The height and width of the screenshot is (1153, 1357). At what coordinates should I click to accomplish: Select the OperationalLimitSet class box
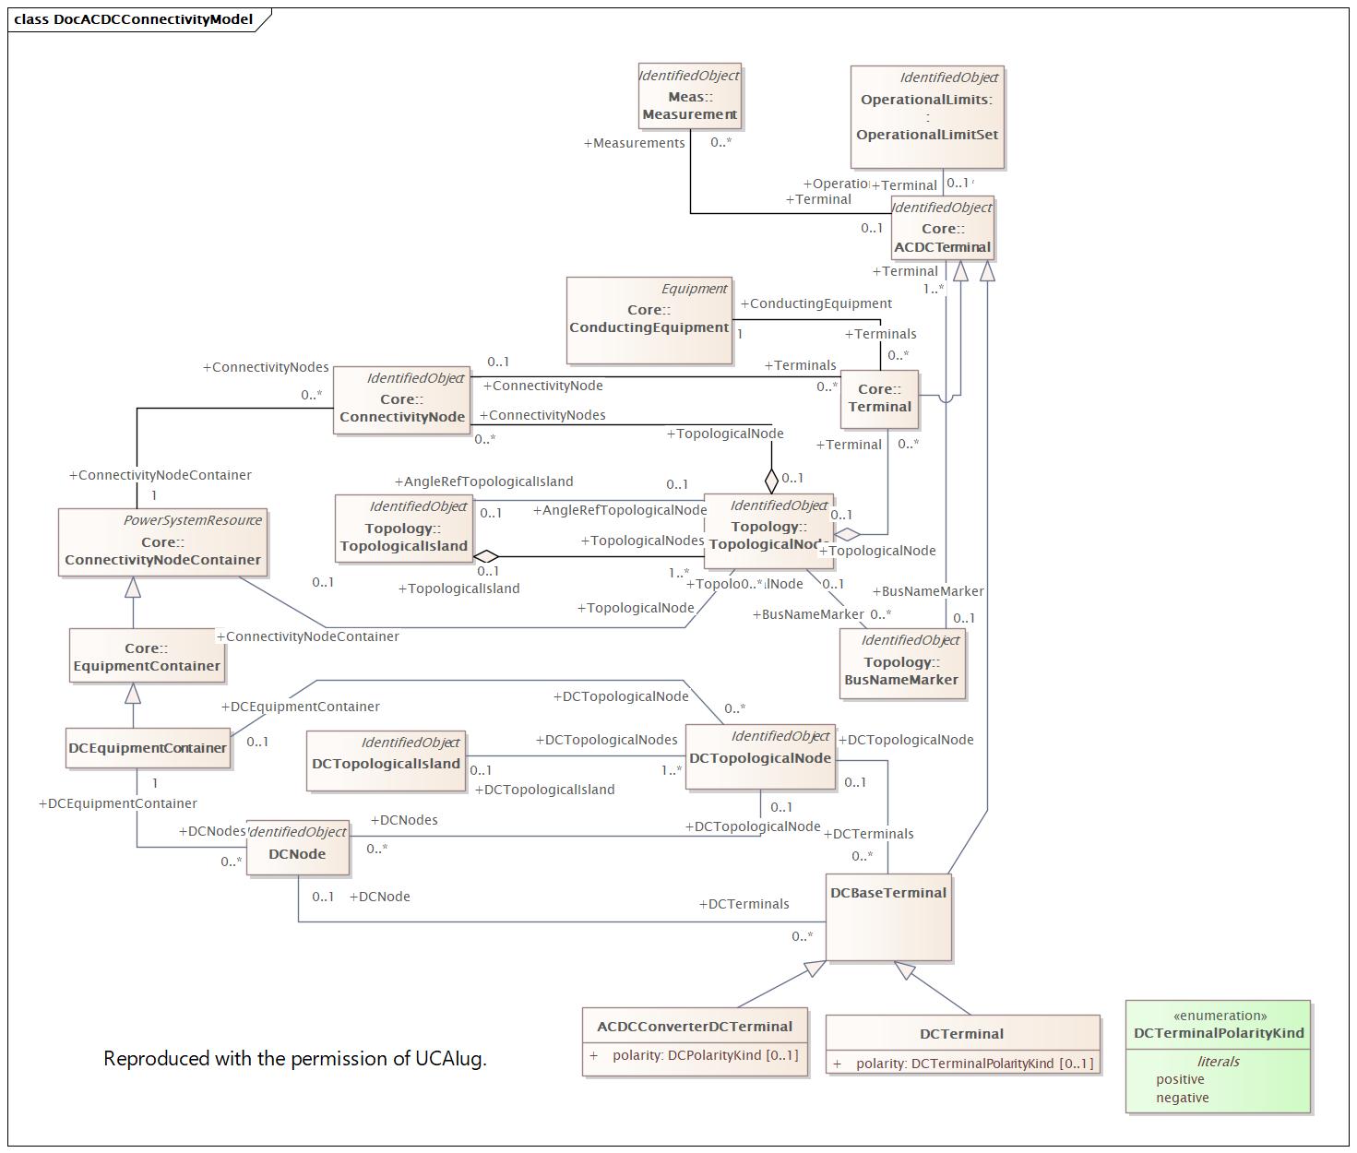pos(927,117)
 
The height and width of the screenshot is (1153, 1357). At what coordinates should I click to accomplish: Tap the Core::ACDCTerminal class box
pos(942,228)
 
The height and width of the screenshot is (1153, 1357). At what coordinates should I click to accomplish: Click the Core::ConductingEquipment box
pos(649,319)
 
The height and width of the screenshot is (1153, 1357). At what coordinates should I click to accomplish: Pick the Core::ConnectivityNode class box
pos(401,398)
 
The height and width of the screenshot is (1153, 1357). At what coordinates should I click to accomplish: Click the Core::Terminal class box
pos(879,398)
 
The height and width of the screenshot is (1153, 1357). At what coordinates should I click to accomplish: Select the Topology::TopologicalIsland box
pos(403,528)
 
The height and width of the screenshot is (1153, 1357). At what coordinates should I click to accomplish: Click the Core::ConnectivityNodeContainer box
pos(162,542)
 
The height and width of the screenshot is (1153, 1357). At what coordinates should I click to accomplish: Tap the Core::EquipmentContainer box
pos(147,656)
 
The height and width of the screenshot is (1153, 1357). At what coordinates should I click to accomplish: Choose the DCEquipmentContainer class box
pos(148,748)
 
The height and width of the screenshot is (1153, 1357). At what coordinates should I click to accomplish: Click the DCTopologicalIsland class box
pos(386,761)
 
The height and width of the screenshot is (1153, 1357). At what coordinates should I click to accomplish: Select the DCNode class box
pos(297,847)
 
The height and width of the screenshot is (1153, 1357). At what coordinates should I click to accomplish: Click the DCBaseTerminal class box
pos(887,917)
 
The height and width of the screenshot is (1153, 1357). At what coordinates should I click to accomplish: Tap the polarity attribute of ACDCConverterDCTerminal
pos(705,1055)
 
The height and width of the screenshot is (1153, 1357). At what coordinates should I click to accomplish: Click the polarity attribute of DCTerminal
pos(973,1064)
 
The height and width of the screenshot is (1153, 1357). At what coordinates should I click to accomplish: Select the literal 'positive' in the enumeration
pos(1180,1079)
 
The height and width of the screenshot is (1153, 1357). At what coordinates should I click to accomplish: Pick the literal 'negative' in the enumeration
pos(1182,1098)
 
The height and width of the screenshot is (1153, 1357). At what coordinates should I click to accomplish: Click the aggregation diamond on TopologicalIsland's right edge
pos(486,556)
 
